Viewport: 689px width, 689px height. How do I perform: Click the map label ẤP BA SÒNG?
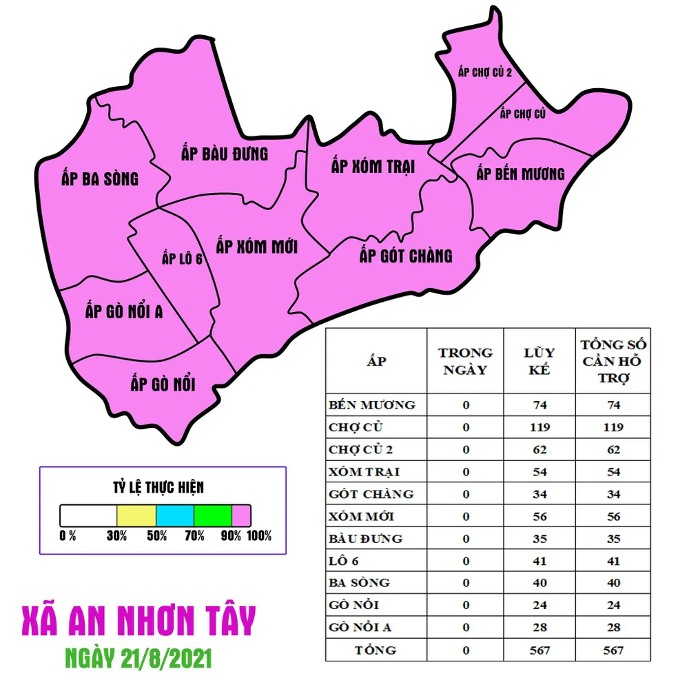pyautogui.click(x=100, y=179)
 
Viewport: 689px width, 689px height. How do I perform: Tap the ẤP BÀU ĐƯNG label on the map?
pyautogui.click(x=225, y=153)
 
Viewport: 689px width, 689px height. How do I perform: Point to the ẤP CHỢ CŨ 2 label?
pyautogui.click(x=485, y=72)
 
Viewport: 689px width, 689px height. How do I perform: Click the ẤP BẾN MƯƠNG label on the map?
pyautogui.click(x=520, y=174)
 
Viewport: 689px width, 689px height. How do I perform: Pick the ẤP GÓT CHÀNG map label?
pyautogui.click(x=406, y=256)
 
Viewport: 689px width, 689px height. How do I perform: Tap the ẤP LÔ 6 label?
pyautogui.click(x=182, y=259)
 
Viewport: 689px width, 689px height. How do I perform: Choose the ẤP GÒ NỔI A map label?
pyautogui.click(x=124, y=311)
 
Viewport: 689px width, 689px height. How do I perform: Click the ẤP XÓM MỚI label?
pyautogui.click(x=256, y=246)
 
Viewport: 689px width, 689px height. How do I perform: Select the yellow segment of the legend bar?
pyautogui.click(x=136, y=515)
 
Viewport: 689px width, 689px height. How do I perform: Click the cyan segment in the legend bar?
pyautogui.click(x=175, y=515)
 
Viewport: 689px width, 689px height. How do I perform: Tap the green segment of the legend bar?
pyautogui.click(x=213, y=515)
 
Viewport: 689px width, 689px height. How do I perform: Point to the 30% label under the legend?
pyautogui.click(x=117, y=536)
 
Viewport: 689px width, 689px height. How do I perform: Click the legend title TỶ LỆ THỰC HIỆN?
pyautogui.click(x=158, y=488)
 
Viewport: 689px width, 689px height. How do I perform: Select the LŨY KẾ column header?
pyautogui.click(x=539, y=361)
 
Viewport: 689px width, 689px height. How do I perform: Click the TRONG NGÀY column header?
pyautogui.click(x=465, y=361)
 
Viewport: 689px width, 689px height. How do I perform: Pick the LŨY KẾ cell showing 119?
pyautogui.click(x=539, y=427)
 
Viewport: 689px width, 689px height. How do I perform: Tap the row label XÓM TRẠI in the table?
pyautogui.click(x=364, y=472)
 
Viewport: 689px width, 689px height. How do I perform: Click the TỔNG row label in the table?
pyautogui.click(x=376, y=650)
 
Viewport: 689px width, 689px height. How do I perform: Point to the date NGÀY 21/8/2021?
pyautogui.click(x=138, y=658)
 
